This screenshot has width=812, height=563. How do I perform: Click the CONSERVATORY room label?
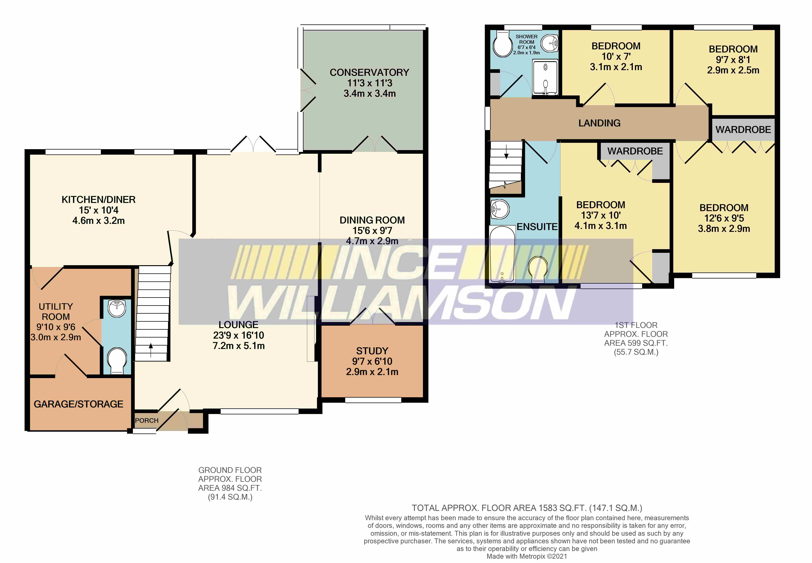click(x=369, y=72)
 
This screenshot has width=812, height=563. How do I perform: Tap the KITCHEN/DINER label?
click(x=98, y=200)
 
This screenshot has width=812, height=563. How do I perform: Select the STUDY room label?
click(x=372, y=351)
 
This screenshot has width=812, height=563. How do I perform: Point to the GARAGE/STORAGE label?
click(x=78, y=404)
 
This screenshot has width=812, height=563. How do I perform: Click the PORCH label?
click(x=147, y=421)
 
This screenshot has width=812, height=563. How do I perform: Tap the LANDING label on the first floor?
click(x=599, y=123)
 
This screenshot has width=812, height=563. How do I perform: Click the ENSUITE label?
click(x=537, y=227)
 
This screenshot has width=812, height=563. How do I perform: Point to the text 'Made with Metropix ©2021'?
click(x=527, y=556)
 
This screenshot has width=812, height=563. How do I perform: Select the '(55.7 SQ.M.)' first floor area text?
click(x=636, y=352)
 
